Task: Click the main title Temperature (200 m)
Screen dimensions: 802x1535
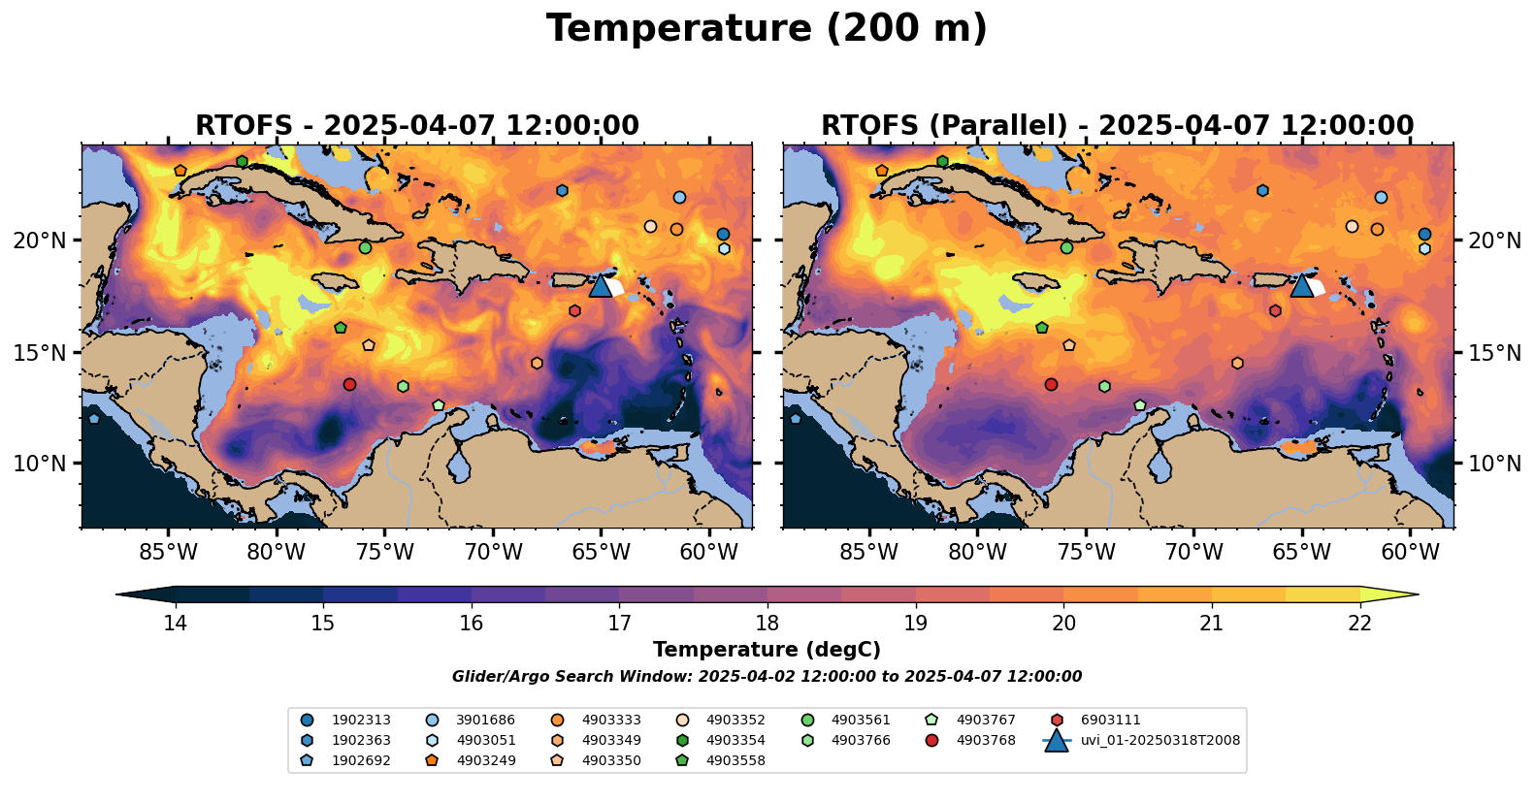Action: click(767, 29)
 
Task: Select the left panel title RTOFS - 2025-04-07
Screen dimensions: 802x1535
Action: click(417, 126)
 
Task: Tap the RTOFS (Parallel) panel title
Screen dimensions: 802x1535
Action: click(1117, 126)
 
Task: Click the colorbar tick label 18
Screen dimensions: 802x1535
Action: click(767, 623)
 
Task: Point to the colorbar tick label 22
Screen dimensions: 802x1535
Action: click(1359, 623)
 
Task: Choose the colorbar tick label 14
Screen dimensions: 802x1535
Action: click(175, 623)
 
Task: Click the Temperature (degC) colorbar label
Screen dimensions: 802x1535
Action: click(767, 650)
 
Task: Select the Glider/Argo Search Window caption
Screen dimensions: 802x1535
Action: click(767, 677)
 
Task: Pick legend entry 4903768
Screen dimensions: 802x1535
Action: click(986, 741)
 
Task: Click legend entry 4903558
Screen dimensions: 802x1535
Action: click(735, 761)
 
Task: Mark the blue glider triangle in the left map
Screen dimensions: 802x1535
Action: click(601, 285)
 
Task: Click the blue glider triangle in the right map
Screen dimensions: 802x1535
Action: click(1301, 285)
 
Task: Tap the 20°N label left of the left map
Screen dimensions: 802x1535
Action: click(40, 241)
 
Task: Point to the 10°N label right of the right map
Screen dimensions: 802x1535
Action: click(1494, 464)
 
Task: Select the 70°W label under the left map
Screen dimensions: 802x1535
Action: click(493, 553)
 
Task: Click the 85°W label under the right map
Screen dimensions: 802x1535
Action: click(868, 553)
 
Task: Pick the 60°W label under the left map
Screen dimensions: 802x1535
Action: click(709, 553)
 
